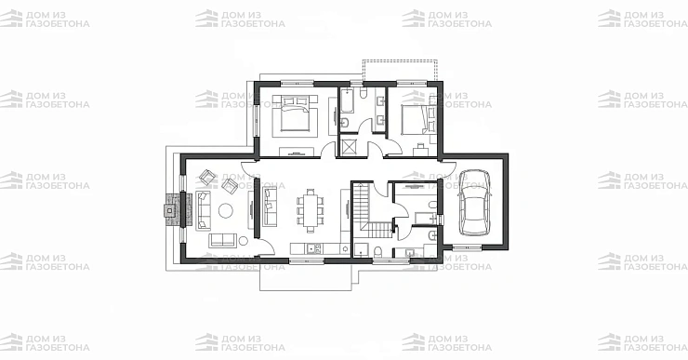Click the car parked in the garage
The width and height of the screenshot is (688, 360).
(x=474, y=203)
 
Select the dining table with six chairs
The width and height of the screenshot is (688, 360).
(x=311, y=210)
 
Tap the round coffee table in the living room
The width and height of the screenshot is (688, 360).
(x=227, y=210)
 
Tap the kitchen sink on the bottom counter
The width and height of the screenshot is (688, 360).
(x=314, y=249)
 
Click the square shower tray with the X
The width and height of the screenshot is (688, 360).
(x=351, y=147)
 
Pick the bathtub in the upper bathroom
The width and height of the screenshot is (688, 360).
(x=348, y=100)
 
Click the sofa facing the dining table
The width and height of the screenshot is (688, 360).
(x=270, y=207)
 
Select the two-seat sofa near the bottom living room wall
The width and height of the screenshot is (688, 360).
(x=222, y=240)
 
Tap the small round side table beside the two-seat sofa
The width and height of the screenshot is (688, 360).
(x=243, y=241)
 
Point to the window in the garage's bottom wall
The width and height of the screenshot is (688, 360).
(x=467, y=247)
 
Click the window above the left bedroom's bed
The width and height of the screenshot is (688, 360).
(x=298, y=83)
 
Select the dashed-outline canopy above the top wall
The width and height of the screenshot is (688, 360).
(x=399, y=71)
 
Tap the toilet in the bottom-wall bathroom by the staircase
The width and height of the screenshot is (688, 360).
(x=377, y=252)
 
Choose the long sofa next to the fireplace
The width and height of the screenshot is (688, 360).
(x=203, y=211)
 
